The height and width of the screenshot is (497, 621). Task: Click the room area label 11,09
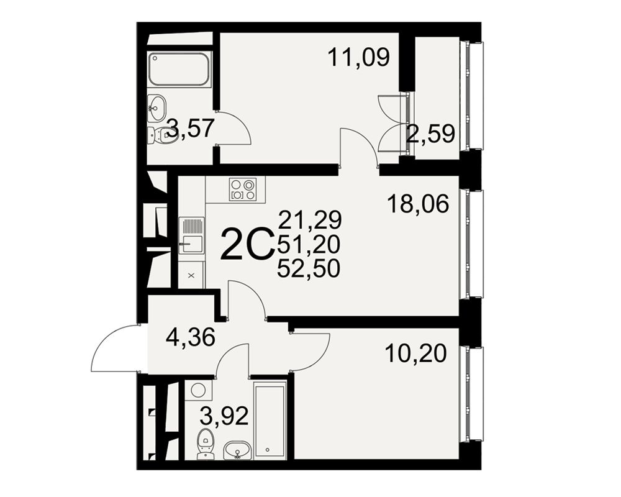359,58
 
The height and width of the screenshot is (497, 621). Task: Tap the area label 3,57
191,128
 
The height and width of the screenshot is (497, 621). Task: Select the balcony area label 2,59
431,134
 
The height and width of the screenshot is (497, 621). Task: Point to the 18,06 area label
418,204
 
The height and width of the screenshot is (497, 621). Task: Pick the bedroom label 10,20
415,353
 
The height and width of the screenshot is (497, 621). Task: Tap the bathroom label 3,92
224,416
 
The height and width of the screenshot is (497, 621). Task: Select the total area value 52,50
309,270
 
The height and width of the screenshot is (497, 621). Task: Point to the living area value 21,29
310,221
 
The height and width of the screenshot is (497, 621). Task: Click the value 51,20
309,245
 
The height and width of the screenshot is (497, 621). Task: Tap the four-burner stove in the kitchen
242,189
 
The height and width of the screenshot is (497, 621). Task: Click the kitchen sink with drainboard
192,235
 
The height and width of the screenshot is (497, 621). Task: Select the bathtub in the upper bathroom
179,70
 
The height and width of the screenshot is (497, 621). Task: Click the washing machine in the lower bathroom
199,390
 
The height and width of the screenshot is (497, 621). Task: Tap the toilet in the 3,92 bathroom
205,443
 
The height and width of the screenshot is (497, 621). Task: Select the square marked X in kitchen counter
191,275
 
